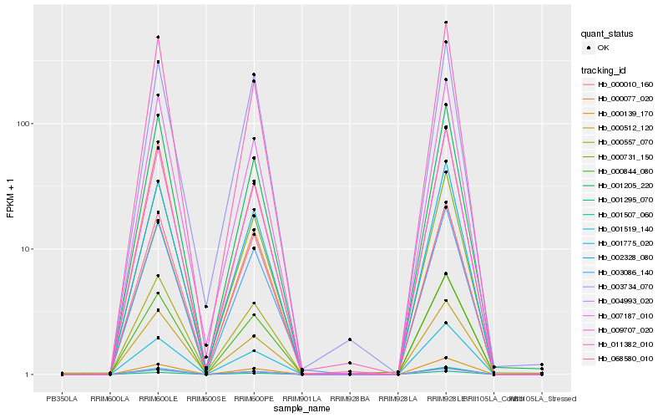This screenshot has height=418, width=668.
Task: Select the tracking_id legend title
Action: click(605, 69)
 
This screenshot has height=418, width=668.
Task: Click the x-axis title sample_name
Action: click(301, 408)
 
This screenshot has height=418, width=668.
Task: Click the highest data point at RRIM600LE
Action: click(158, 37)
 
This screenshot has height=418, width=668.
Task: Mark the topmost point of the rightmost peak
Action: click(446, 23)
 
